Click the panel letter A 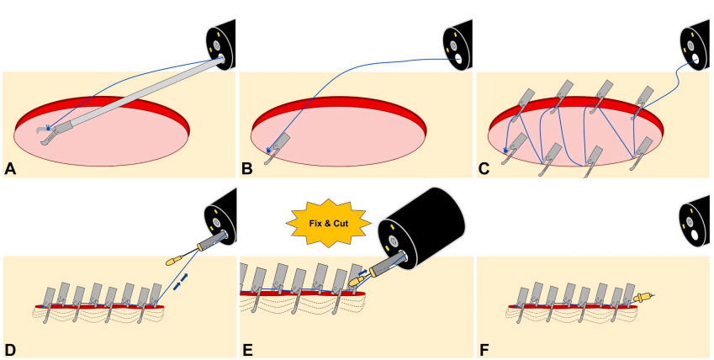[x=9, y=170]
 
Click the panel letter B [x=247, y=170]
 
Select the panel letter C [x=484, y=170]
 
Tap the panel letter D [x=9, y=350]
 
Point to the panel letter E [x=247, y=350]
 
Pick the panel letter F [x=484, y=350]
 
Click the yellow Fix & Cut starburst [x=328, y=223]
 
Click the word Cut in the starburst [x=342, y=224]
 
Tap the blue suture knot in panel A [x=48, y=129]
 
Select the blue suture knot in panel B [x=268, y=150]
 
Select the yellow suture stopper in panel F [x=641, y=299]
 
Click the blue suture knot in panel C [x=506, y=150]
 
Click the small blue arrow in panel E [x=362, y=273]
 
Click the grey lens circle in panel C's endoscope [x=690, y=46]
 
